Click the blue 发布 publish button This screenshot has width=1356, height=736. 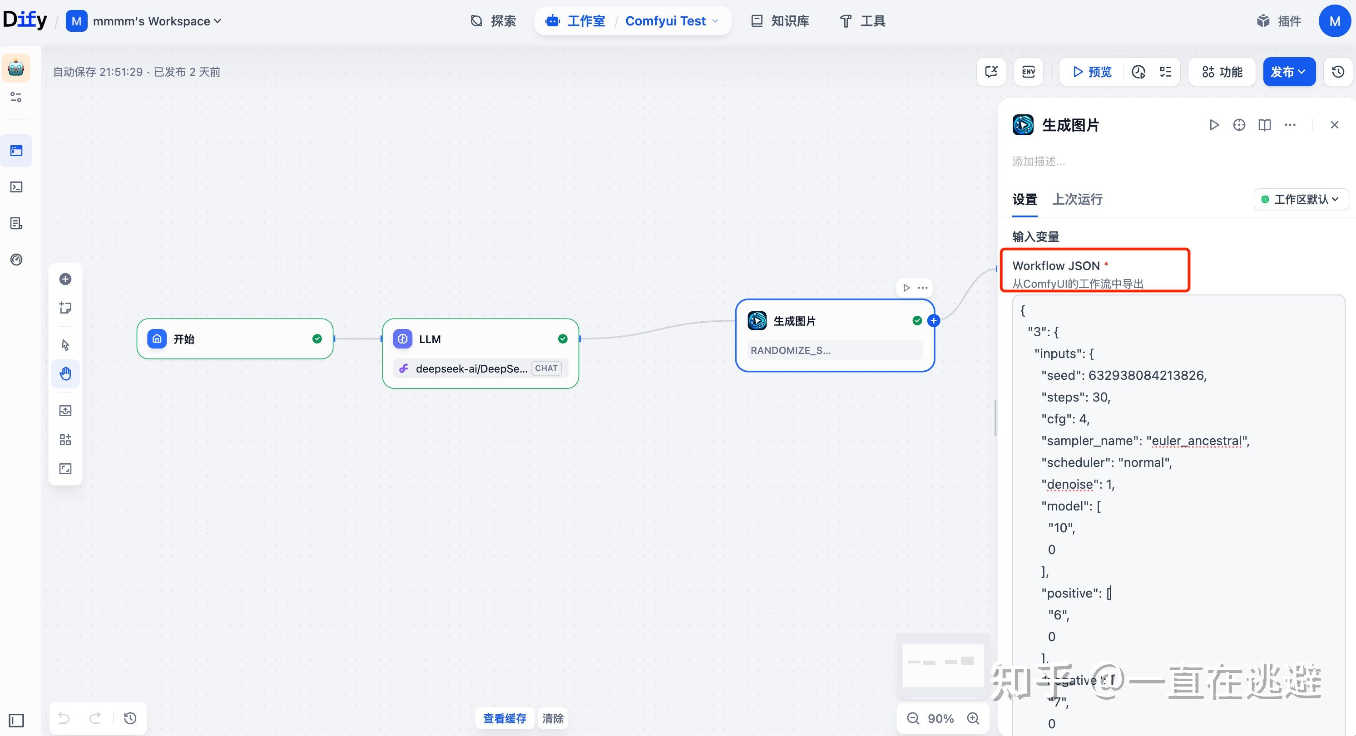pyautogui.click(x=1288, y=72)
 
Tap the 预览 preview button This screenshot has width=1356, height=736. pyautogui.click(x=1092, y=72)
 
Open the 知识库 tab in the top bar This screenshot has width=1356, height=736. pyautogui.click(x=780, y=21)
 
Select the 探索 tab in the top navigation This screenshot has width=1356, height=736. pyautogui.click(x=493, y=21)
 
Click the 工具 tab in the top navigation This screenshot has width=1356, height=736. pyautogui.click(x=862, y=21)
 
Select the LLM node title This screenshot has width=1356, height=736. pyautogui.click(x=430, y=339)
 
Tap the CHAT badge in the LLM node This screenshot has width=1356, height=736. pyautogui.click(x=546, y=368)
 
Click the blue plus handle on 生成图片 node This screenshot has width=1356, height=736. pyautogui.click(x=933, y=320)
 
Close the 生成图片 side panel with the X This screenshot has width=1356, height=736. pyautogui.click(x=1334, y=125)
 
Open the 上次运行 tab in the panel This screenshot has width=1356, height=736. pyautogui.click(x=1077, y=199)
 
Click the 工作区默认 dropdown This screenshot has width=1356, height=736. pyautogui.click(x=1301, y=199)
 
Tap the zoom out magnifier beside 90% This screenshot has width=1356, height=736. pyautogui.click(x=913, y=718)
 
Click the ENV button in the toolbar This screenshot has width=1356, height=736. pyautogui.click(x=1028, y=72)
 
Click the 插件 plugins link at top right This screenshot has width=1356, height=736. pyautogui.click(x=1279, y=21)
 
